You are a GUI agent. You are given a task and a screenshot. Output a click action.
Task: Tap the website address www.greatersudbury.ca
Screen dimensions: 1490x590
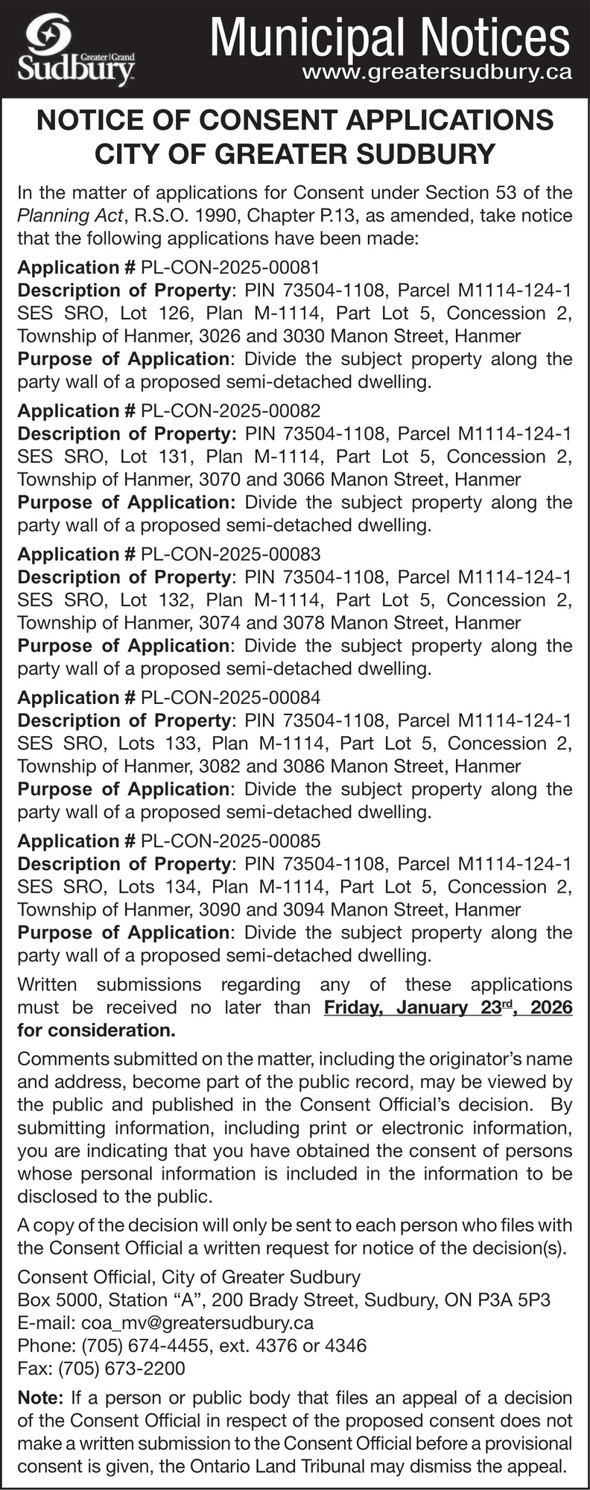coord(437,72)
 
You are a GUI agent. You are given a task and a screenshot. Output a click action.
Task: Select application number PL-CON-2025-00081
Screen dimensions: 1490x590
coord(230,267)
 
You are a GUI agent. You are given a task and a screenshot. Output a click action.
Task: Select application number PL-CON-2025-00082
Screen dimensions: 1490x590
coord(230,410)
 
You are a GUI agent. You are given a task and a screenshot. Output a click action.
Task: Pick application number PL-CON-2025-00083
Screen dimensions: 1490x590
coord(230,554)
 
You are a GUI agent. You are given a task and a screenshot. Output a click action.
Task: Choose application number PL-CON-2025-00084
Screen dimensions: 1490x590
coord(230,697)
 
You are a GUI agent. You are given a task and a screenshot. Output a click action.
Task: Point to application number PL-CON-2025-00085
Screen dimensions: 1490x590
coord(230,841)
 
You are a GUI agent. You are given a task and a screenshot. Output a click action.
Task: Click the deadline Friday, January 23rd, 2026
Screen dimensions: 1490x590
coord(448,1008)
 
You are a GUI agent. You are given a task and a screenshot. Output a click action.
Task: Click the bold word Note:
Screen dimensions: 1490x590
coord(42,1398)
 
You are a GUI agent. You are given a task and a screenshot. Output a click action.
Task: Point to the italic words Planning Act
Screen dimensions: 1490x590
coord(72,216)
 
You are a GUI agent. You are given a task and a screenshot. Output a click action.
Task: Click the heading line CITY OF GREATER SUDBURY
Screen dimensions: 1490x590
coord(295,154)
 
